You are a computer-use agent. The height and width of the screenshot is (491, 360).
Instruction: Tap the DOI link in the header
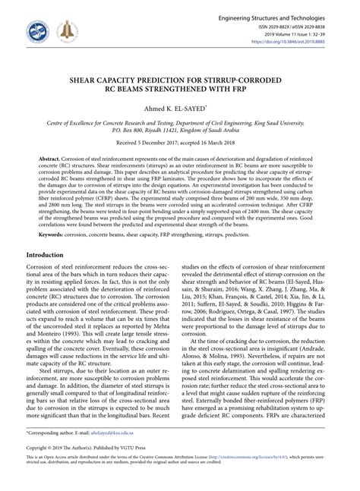point(300,42)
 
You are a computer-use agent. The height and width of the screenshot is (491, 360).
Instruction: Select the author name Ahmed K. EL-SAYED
point(178,109)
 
